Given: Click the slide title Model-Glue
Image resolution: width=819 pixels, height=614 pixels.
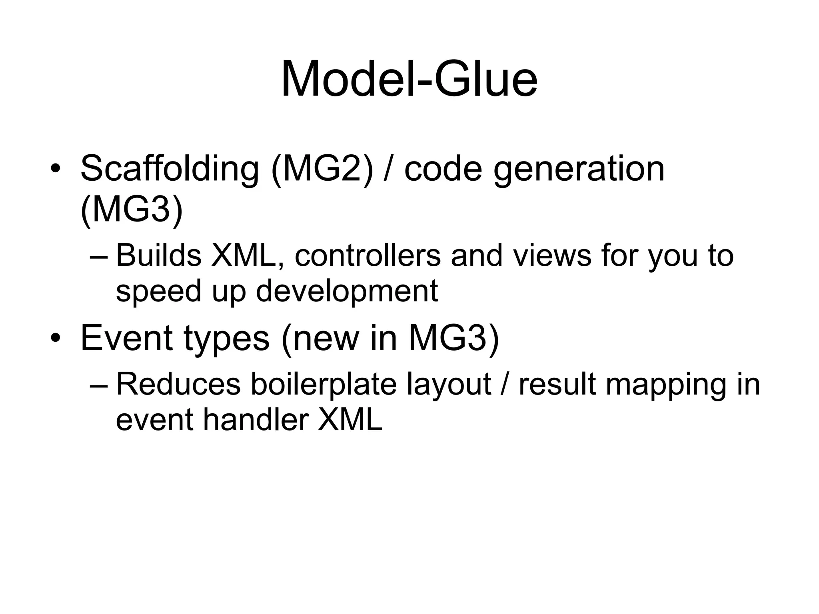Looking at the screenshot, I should point(409,79).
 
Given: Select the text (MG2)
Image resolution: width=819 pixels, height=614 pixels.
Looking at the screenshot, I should point(322,169).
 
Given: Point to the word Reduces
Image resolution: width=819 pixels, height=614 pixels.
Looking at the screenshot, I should point(178,384).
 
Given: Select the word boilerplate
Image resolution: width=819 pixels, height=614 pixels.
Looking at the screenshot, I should point(324,384).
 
